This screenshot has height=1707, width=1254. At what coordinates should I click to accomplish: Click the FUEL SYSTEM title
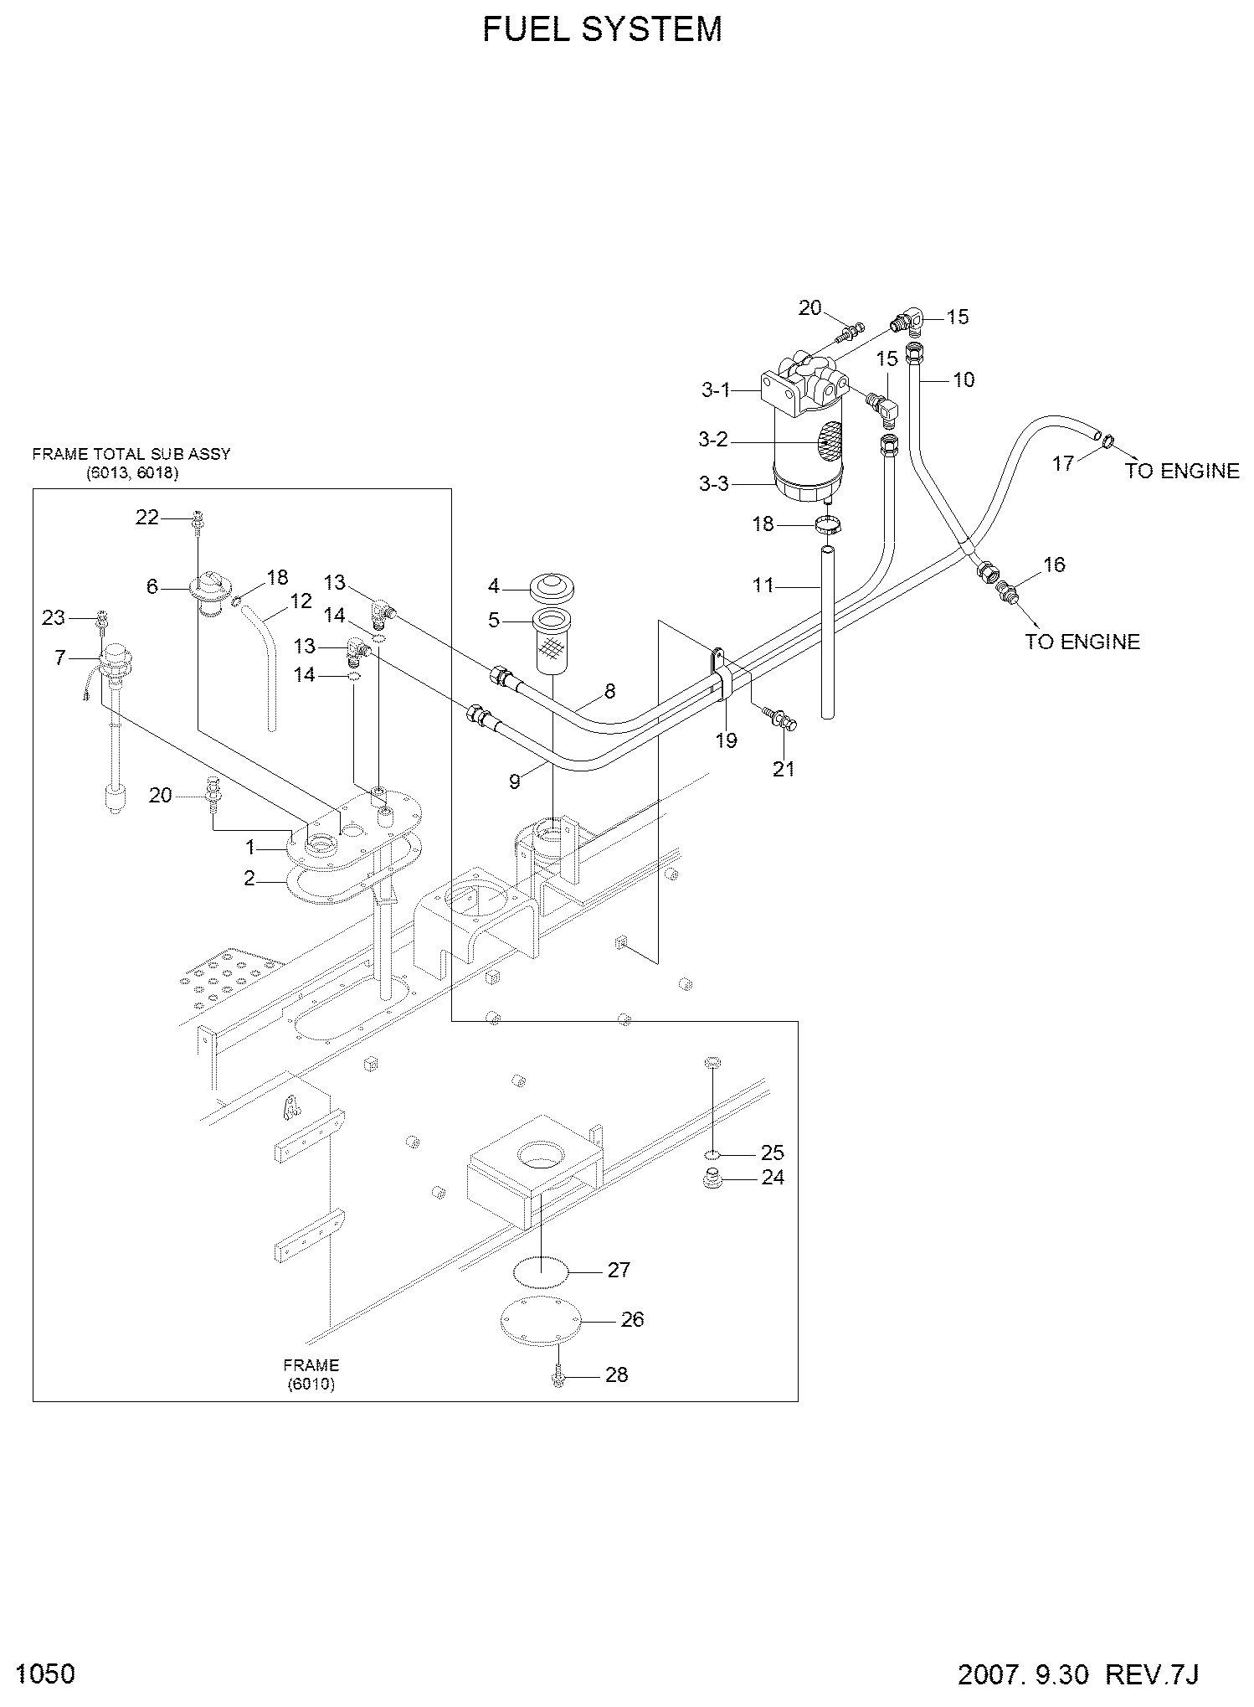point(603,29)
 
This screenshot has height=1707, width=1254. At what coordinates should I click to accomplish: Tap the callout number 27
point(619,1270)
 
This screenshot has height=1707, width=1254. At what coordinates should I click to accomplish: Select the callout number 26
point(632,1319)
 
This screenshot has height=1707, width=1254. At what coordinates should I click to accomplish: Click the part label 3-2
point(714,439)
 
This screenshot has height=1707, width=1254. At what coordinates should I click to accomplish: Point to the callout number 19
point(726,740)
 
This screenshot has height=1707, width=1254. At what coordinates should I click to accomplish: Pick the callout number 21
point(784,767)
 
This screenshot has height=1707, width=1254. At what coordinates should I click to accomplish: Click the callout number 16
point(1054,565)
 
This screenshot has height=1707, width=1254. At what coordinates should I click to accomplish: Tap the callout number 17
point(1063,462)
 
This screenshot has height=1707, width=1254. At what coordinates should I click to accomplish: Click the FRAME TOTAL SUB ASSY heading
point(131,454)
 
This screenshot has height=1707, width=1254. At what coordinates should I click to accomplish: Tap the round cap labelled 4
point(549,584)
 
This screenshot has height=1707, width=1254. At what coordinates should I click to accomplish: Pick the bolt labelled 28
point(558,1376)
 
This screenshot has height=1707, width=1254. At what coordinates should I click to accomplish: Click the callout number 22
point(147,518)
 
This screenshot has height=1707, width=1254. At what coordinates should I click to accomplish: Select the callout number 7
point(60,658)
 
